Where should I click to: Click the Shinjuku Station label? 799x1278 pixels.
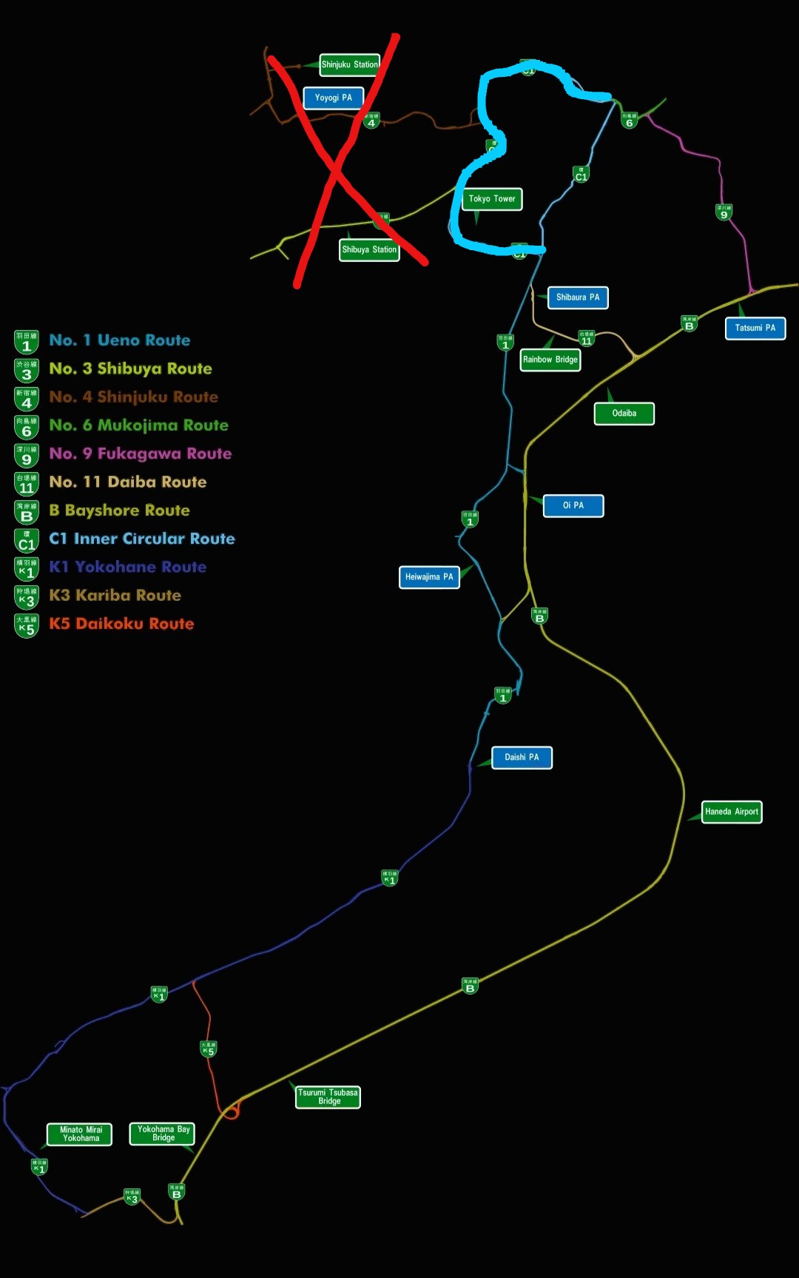[x=350, y=64]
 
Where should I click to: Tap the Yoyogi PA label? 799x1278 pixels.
[x=334, y=98]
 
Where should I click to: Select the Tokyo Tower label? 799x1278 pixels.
[x=492, y=199]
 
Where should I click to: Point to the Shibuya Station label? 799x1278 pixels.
[x=369, y=250]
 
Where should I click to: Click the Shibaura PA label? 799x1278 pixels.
[x=578, y=297]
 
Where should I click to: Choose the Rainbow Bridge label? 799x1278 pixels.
[x=550, y=360]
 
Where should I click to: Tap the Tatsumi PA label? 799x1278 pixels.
[x=755, y=328]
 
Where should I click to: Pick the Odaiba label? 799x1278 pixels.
[x=624, y=414]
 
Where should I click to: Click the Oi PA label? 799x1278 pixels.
[x=573, y=505]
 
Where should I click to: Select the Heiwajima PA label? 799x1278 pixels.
[x=429, y=577]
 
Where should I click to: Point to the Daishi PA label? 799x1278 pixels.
[x=522, y=758]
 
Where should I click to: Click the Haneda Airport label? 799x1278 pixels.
[x=732, y=812]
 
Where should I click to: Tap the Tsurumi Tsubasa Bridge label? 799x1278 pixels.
[x=328, y=1097]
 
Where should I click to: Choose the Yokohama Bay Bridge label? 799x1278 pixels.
[x=163, y=1134]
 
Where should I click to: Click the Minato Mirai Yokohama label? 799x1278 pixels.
[x=81, y=1134]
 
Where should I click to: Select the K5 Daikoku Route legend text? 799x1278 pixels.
[x=121, y=624]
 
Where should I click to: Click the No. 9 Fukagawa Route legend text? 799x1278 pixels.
[x=140, y=454]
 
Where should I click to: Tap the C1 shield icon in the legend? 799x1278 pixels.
[x=27, y=540]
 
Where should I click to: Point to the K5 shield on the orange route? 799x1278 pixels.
[x=209, y=1049]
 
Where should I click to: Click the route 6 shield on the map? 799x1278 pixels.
[x=630, y=120]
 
